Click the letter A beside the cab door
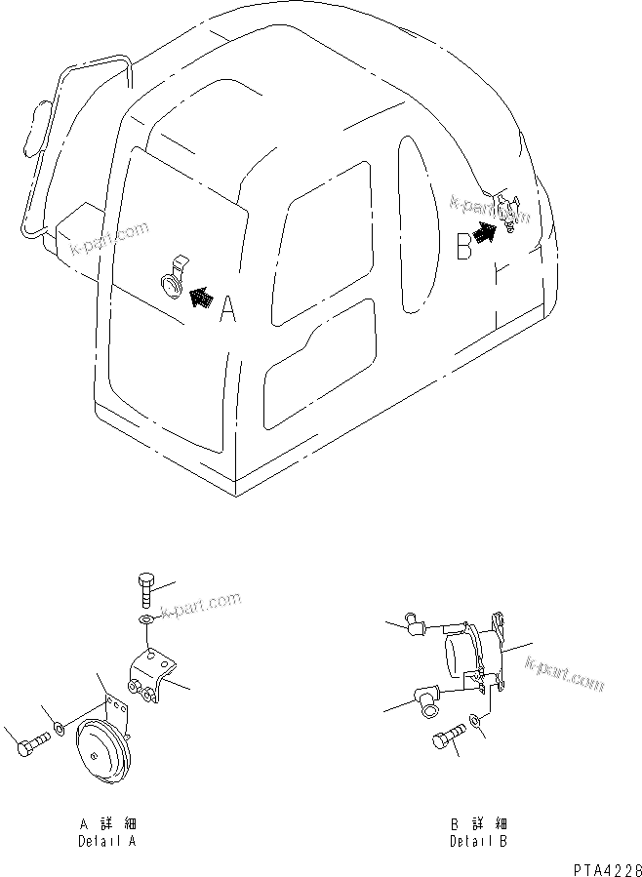pyautogui.click(x=227, y=310)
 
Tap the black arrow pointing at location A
pyautogui.click(x=200, y=297)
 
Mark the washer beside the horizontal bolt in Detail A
pyautogui.click(x=60, y=728)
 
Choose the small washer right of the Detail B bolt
pyautogui.click(x=475, y=721)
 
